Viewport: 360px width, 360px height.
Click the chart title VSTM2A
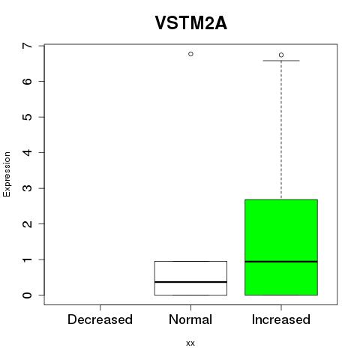click(x=191, y=23)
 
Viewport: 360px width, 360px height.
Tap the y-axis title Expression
click(x=7, y=174)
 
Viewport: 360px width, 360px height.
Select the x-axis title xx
click(x=190, y=343)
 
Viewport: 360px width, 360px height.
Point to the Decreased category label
click(x=100, y=319)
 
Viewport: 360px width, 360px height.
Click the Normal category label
click(x=190, y=319)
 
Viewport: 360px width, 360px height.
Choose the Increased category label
click(x=281, y=319)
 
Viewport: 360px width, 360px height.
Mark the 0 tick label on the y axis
click(x=28, y=295)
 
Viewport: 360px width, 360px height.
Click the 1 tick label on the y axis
click(x=28, y=259)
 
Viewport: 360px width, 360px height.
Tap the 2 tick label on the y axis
click(x=28, y=224)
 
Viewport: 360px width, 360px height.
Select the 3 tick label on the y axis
click(x=28, y=188)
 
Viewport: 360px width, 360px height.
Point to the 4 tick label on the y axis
click(x=28, y=152)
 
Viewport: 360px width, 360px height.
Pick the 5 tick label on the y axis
click(x=28, y=117)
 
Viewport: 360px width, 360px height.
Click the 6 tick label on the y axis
click(x=28, y=81)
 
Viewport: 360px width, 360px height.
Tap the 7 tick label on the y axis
click(x=28, y=46)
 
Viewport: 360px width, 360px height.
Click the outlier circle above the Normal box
click(x=190, y=54)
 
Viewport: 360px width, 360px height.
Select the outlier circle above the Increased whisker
click(x=281, y=55)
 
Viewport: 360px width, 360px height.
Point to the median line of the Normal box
click(x=190, y=282)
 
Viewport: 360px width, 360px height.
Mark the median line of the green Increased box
click(x=281, y=262)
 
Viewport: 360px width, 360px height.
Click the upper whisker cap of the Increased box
click(x=281, y=61)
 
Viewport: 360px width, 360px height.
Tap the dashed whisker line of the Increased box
click(x=281, y=130)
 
